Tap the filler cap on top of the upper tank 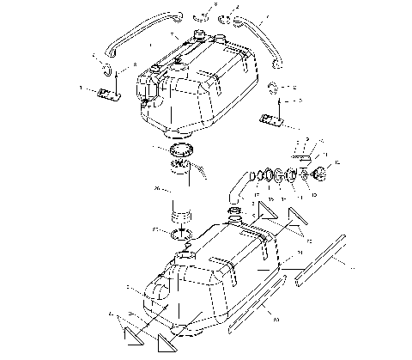click(x=203, y=36)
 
